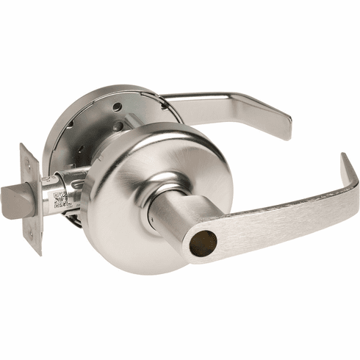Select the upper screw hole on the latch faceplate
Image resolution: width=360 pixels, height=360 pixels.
tap(28, 162)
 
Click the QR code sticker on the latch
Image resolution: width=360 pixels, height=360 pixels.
tap(61, 199)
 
